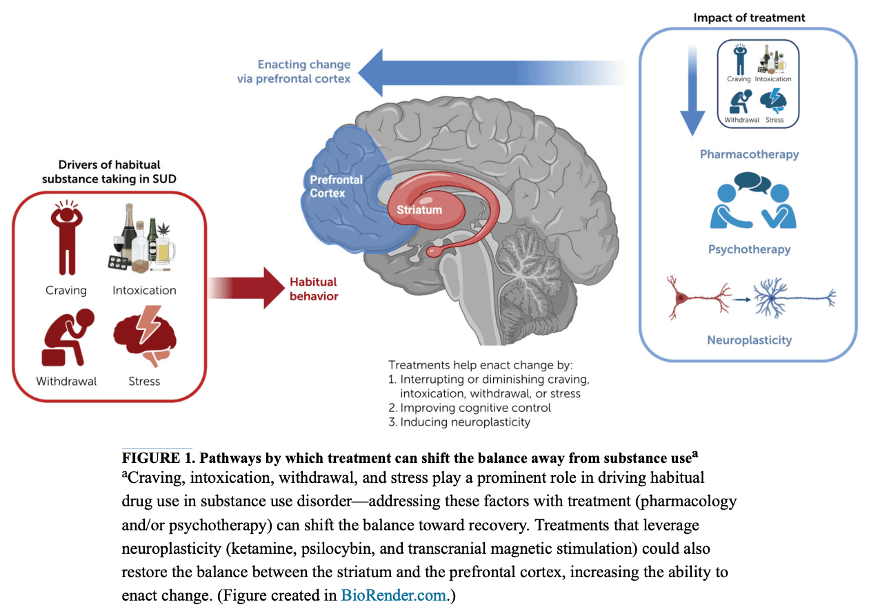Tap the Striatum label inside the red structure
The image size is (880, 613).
(419, 209)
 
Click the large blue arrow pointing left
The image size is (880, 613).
(483, 72)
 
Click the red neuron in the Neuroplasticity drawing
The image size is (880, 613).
(692, 298)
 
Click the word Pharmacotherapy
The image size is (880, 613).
(749, 154)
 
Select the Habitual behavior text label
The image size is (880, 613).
(314, 289)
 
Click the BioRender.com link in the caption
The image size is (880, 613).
(394, 595)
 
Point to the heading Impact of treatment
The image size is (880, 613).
(749, 17)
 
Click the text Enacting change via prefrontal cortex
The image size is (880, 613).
(303, 72)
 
